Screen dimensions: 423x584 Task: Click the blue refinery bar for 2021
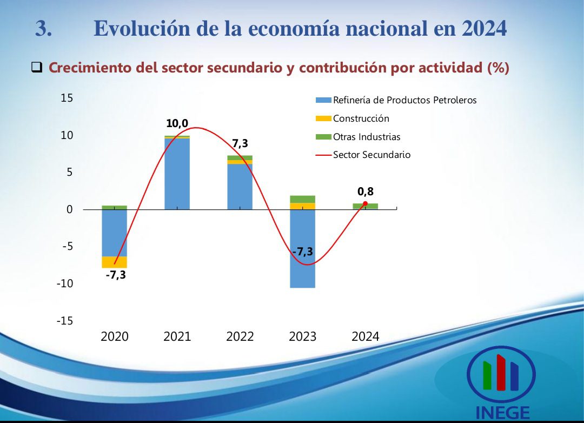click(177, 174)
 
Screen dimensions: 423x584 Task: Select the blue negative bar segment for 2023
click(302, 249)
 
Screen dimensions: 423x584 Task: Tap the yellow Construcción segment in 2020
click(114, 262)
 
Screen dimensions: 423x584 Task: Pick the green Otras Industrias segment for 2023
click(302, 199)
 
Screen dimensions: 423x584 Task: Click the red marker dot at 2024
click(365, 204)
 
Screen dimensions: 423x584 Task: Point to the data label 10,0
click(177, 124)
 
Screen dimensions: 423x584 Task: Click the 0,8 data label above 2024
click(365, 191)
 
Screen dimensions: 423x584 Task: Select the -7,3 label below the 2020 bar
click(115, 275)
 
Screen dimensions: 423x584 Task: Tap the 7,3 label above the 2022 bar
click(240, 143)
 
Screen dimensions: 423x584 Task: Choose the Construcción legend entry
click(361, 118)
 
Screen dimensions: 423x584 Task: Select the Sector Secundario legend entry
click(371, 155)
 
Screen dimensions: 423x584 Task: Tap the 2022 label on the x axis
click(240, 336)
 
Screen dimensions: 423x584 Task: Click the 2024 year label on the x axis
click(365, 336)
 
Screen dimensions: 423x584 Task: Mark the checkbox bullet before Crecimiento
click(37, 68)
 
